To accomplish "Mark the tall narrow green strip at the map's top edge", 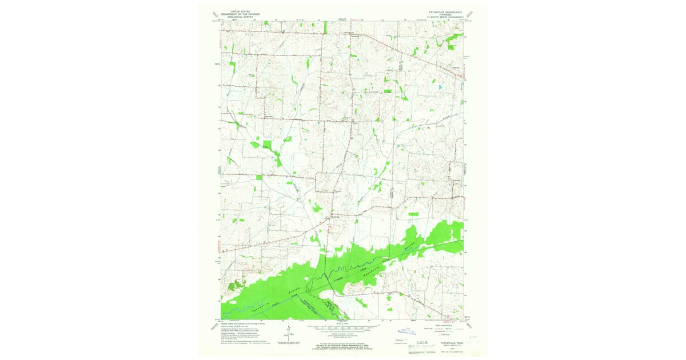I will pyautogui.click(x=325, y=27).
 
